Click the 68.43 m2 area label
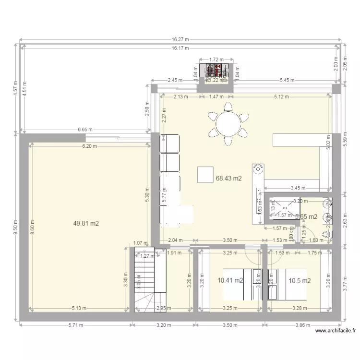[x=228, y=179]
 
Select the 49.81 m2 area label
[x=86, y=223]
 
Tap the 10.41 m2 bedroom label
[x=230, y=281]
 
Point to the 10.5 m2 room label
[x=299, y=281]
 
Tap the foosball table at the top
[x=216, y=72]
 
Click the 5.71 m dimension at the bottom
[x=74, y=325]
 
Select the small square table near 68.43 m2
[x=206, y=174]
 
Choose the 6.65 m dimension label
[x=85, y=130]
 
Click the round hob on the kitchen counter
[x=257, y=169]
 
